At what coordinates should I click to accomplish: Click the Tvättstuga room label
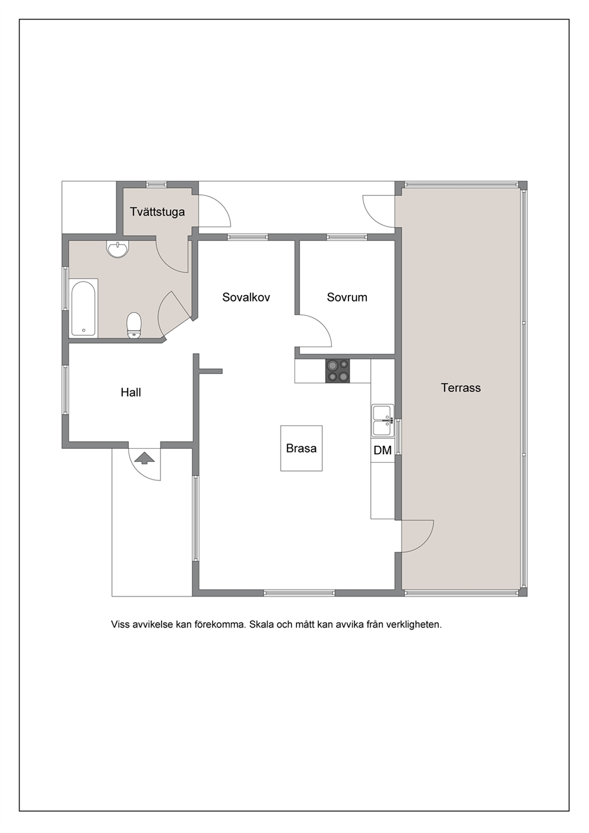[157, 212]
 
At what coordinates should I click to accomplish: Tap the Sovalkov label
[246, 297]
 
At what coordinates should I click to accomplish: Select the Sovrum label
[347, 297]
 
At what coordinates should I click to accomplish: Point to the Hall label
[131, 392]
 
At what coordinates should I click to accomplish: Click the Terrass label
[461, 388]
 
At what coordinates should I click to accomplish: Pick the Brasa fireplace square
[301, 448]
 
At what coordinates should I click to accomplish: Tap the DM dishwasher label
[382, 450]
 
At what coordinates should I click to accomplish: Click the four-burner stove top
[338, 370]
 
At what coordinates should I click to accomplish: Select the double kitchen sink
[382, 420]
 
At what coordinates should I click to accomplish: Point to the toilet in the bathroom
[134, 325]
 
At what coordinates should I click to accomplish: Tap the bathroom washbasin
[118, 248]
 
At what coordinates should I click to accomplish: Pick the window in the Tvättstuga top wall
[156, 184]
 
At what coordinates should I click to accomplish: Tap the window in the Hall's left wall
[65, 389]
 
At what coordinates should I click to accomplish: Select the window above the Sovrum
[347, 237]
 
